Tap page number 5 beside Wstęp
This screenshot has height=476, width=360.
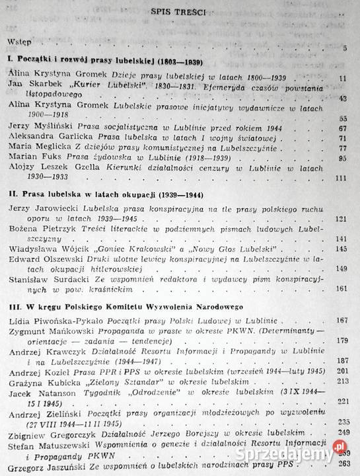[345, 48]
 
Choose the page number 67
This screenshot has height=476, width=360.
[342, 128]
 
